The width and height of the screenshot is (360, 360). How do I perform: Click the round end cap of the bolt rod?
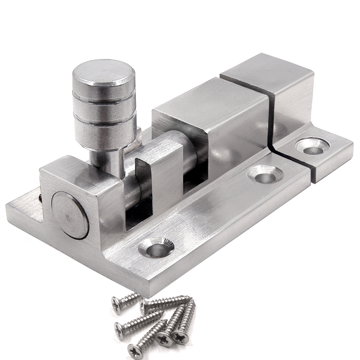(68, 214)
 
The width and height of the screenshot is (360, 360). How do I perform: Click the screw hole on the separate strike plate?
(312, 146)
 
